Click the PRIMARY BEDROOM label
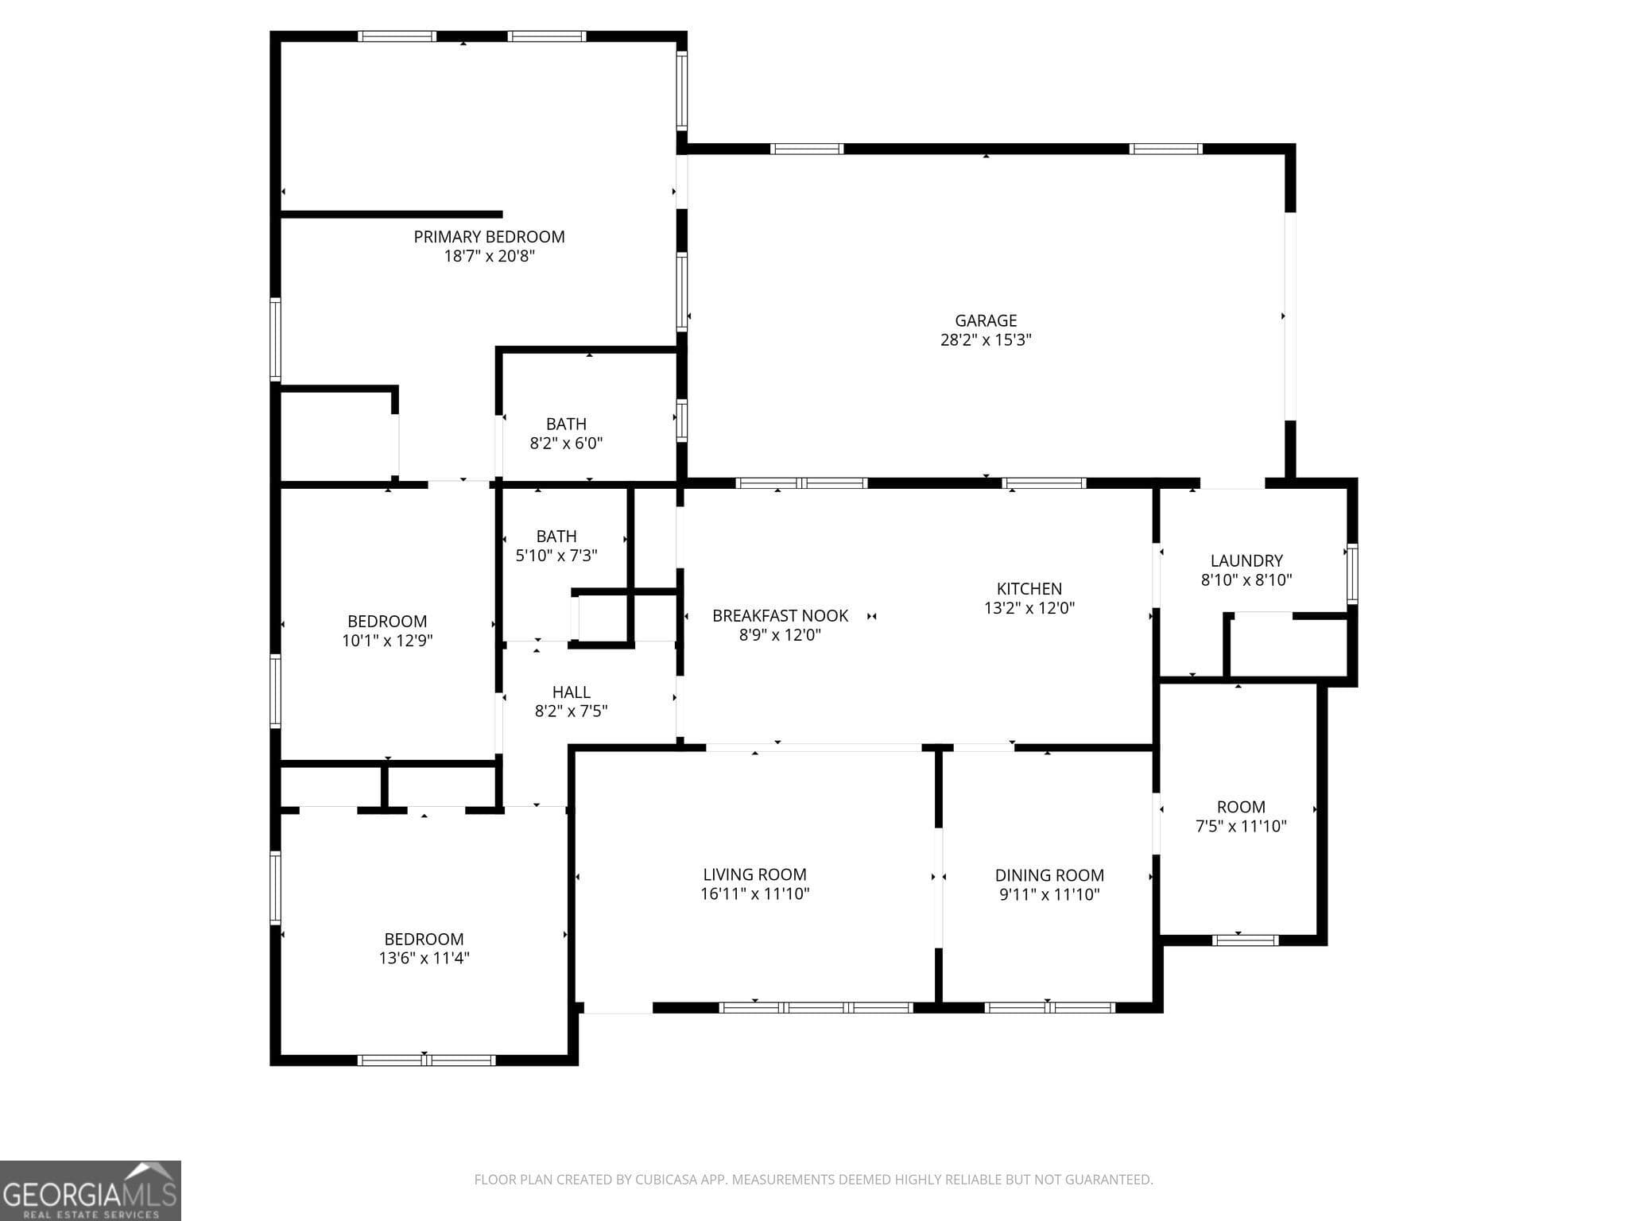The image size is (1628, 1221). [x=489, y=237]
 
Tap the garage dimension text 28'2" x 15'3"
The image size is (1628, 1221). [x=986, y=340]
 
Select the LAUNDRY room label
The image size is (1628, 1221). [x=1246, y=561]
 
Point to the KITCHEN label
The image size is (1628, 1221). [x=1029, y=589]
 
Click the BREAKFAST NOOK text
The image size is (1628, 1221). [x=780, y=616]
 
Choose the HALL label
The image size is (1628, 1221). [x=571, y=692]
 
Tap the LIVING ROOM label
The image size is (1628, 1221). [x=754, y=875]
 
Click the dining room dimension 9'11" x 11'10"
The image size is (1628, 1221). [x=1049, y=895]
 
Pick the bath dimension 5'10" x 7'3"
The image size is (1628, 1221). [x=556, y=556]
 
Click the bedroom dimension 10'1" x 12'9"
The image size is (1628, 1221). [x=387, y=641]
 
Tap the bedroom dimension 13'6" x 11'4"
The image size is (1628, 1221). [x=424, y=959]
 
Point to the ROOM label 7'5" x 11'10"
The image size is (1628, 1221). [x=1241, y=807]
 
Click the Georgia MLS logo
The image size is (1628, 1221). [x=90, y=1190]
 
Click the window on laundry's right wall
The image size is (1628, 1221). [x=1351, y=573]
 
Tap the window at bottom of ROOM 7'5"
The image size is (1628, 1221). [x=1245, y=940]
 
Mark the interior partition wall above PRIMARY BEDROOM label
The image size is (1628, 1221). [x=391, y=215]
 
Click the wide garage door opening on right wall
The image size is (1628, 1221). [x=1290, y=316]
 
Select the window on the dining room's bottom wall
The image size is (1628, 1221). [x=1049, y=1007]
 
